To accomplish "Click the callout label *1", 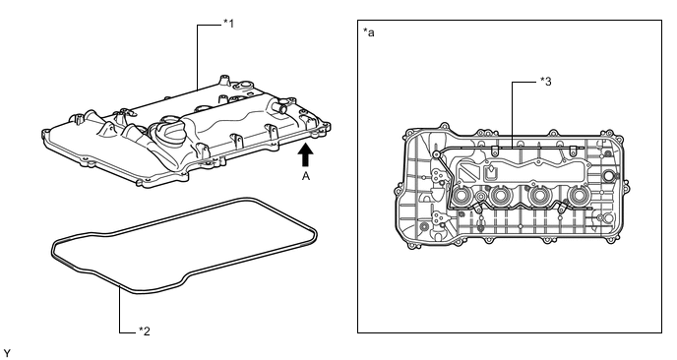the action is [229, 24].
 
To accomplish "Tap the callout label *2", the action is [145, 331].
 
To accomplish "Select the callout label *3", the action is [546, 82].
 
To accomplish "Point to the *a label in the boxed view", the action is [369, 32].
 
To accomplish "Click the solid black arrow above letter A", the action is [306, 154].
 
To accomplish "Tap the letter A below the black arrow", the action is [306, 176].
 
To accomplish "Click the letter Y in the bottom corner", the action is [7, 354].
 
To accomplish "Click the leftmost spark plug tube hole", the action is [462, 197].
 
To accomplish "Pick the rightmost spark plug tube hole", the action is [577, 197].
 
